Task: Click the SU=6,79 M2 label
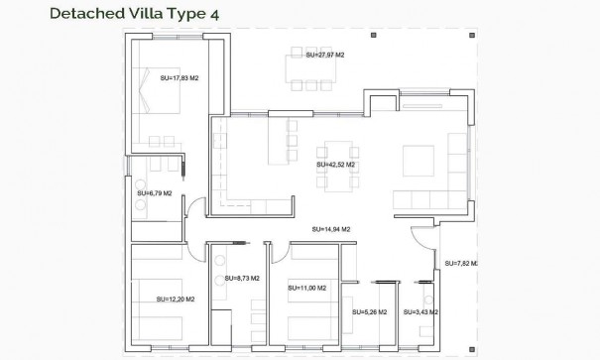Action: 155,193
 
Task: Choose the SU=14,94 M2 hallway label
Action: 328,227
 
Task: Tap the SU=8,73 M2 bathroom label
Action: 242,279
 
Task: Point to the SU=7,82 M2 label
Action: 461,263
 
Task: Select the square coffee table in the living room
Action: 413,160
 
